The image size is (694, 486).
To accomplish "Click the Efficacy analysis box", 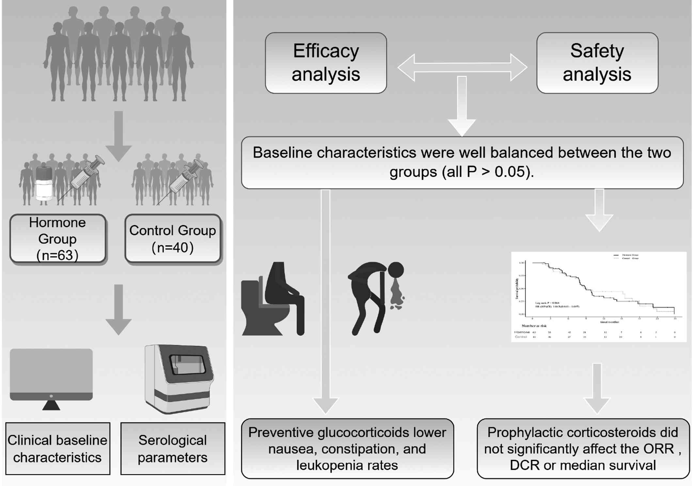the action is tap(326, 63).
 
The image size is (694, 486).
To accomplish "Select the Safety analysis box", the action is tap(597, 63).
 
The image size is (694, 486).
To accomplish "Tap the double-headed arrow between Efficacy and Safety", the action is tap(462, 68).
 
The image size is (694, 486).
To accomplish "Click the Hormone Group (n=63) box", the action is tap(58, 238).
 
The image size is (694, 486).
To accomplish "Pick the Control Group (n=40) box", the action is tap(173, 238).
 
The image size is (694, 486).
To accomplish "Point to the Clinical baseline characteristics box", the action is tap(57, 448).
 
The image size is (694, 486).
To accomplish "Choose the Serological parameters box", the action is tap(173, 448).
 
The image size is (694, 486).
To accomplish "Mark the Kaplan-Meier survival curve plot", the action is tap(598, 297).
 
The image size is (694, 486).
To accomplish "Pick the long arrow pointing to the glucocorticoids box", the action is tap(325, 300).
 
